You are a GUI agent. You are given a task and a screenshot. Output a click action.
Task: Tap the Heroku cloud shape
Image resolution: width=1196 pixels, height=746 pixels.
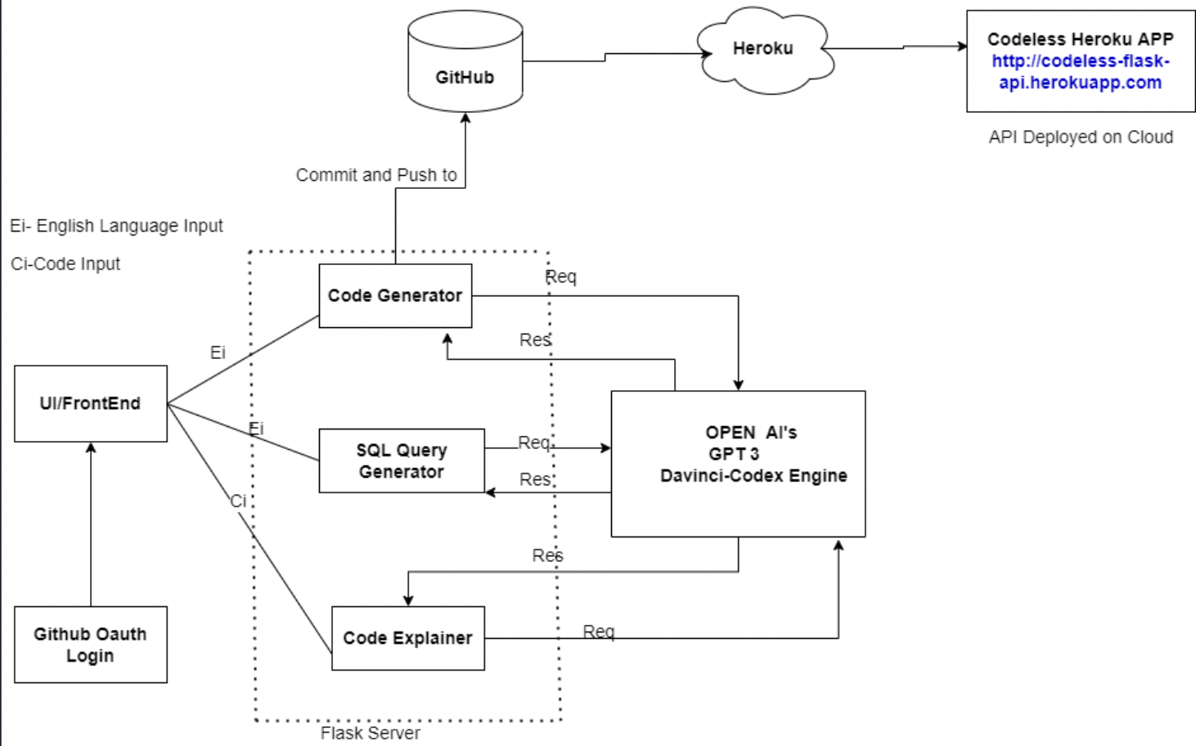763,49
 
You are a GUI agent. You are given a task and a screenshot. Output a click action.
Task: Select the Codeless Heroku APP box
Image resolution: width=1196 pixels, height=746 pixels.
1080,61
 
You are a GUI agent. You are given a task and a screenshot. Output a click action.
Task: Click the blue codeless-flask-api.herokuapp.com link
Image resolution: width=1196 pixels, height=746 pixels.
1080,72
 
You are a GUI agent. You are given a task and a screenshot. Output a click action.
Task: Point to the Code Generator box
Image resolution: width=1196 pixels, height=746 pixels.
395,296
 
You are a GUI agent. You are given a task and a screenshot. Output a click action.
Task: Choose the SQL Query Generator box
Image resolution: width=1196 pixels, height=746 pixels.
401,461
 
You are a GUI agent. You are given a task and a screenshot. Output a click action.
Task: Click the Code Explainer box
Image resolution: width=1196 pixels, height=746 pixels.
407,639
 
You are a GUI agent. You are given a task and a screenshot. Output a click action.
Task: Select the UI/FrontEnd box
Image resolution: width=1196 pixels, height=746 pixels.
90,404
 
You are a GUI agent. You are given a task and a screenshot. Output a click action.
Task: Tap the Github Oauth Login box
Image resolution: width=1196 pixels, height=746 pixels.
90,645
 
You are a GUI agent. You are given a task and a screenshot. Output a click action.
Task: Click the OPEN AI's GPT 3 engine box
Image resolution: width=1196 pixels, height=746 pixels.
738,464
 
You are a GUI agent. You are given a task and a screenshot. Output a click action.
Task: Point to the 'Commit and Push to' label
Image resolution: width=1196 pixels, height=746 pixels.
376,175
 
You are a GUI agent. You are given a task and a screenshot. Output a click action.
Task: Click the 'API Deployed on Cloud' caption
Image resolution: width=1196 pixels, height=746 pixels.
1080,137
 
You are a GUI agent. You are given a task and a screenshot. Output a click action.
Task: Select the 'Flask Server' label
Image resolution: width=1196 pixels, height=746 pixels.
370,733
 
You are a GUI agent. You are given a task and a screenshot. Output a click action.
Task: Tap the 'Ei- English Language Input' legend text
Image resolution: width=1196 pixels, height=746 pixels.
116,226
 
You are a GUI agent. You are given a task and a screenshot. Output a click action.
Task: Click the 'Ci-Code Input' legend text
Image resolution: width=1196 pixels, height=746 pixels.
65,264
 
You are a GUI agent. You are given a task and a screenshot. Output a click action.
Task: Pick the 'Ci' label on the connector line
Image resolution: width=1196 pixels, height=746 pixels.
238,501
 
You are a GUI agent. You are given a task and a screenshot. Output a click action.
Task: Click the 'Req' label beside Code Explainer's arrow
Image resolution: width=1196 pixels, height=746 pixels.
598,631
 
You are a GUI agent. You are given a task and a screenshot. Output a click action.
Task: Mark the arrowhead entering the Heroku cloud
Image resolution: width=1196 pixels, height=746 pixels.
707,54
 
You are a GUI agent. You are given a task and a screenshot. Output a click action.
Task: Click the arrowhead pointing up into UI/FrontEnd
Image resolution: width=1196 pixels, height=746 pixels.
91,447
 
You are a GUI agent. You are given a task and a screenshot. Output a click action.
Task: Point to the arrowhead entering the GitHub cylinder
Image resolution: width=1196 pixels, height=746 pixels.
465,118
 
